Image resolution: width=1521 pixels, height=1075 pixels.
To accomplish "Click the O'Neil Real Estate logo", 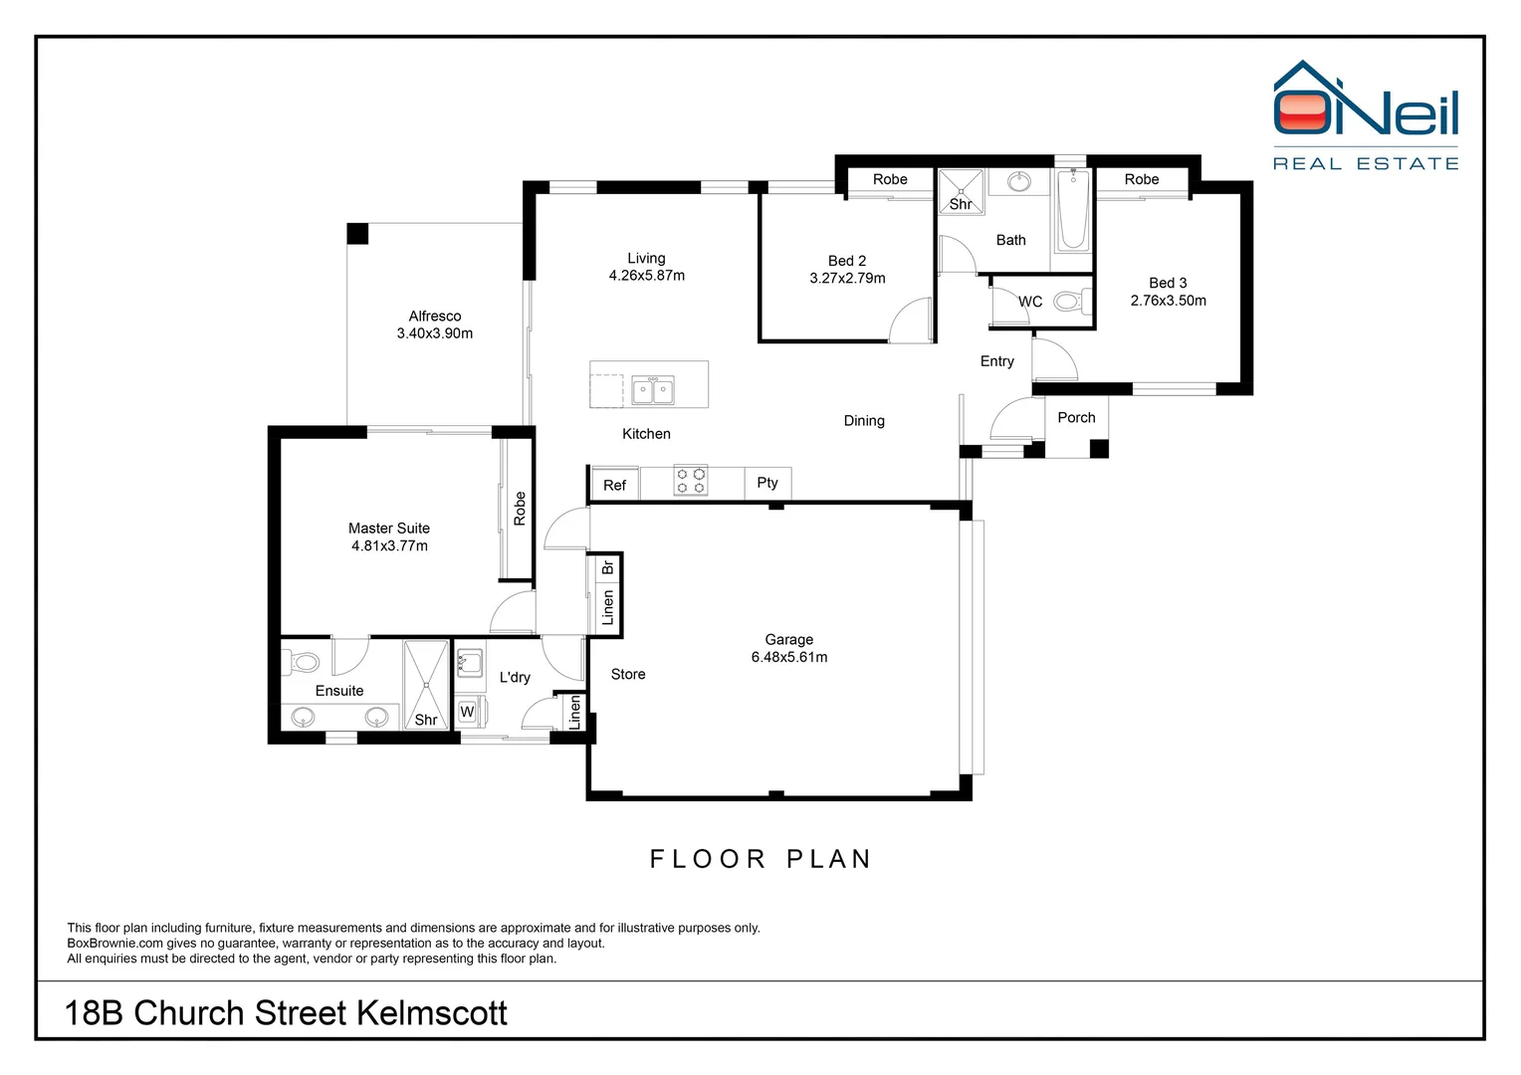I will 1366,115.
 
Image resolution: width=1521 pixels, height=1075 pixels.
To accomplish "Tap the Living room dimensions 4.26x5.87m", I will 647,276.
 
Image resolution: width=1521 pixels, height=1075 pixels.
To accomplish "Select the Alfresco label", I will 435,316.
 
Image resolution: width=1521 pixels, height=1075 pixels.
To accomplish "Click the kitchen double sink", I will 653,390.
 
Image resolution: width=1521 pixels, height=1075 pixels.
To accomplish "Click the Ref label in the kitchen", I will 614,486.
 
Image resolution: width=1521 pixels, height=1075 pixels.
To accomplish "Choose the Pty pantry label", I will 767,483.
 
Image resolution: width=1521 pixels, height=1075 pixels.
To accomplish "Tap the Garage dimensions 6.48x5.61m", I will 789,657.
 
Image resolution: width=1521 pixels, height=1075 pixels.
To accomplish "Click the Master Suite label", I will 389,529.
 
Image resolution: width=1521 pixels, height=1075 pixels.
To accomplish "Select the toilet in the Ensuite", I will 303,661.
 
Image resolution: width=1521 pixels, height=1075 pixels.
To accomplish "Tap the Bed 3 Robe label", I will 1142,179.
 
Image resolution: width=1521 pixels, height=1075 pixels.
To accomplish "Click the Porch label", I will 1076,418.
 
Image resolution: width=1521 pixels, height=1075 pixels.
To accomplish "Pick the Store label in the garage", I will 628,675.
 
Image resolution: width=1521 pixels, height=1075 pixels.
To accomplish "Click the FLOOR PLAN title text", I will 760,859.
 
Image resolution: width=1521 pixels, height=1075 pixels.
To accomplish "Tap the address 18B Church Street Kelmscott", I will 286,1013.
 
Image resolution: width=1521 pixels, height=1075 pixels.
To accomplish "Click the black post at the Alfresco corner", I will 357,234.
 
